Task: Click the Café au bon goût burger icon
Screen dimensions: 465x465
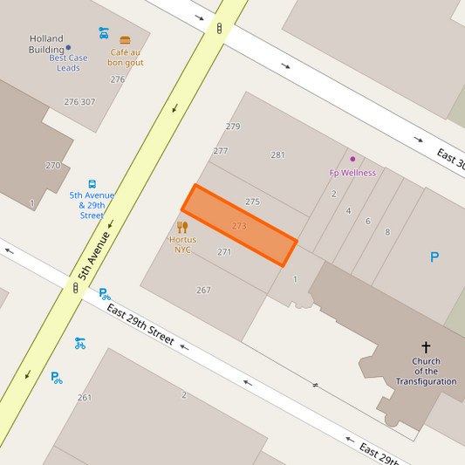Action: pyautogui.click(x=125, y=40)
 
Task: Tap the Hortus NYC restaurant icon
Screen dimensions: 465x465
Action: pyautogui.click(x=182, y=227)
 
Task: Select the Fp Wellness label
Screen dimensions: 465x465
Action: pyautogui.click(x=352, y=173)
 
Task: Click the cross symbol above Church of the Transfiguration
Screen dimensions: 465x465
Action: pyautogui.click(x=426, y=347)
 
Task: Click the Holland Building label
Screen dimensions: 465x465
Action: pyautogui.click(x=47, y=44)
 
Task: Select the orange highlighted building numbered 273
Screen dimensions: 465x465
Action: pyautogui.click(x=239, y=225)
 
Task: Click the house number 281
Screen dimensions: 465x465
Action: pyautogui.click(x=277, y=155)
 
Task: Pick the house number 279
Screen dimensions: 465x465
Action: pyautogui.click(x=233, y=127)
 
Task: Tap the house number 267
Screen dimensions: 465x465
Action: pyautogui.click(x=203, y=291)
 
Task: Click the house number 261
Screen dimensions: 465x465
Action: pyautogui.click(x=85, y=398)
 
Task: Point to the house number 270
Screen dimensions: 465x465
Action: pyautogui.click(x=53, y=166)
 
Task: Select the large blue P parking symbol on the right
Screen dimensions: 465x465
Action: pyautogui.click(x=434, y=257)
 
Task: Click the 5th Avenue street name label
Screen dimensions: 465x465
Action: pyautogui.click(x=94, y=255)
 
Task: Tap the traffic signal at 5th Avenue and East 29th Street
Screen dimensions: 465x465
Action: pyautogui.click(x=76, y=286)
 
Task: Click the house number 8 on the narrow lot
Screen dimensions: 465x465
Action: pyautogui.click(x=387, y=232)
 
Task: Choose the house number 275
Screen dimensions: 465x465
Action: pyautogui.click(x=252, y=202)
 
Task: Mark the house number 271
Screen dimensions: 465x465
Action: pyautogui.click(x=224, y=252)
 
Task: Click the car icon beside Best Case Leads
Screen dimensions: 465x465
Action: pyautogui.click(x=104, y=32)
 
